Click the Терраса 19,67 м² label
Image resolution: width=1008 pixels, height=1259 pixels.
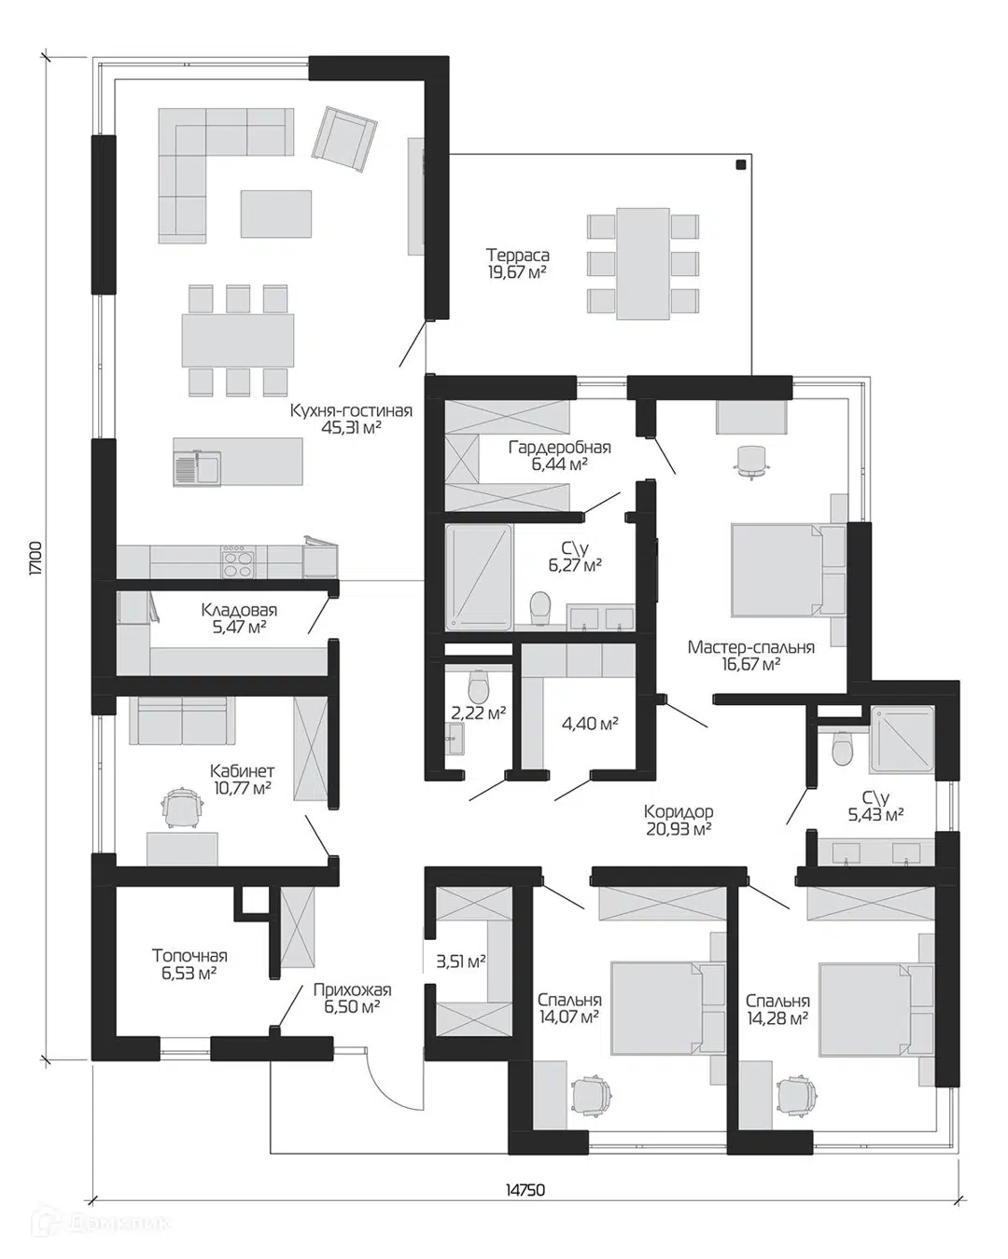(518, 263)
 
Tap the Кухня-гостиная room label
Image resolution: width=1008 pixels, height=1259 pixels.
(352, 410)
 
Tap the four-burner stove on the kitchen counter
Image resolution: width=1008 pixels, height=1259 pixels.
(238, 561)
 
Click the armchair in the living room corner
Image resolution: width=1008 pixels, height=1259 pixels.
(344, 139)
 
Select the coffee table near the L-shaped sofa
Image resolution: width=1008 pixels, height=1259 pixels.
(276, 214)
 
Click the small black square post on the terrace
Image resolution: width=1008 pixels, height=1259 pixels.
(741, 165)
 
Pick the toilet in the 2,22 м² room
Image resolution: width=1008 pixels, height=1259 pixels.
(479, 686)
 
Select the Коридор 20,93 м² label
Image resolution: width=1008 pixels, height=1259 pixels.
(679, 820)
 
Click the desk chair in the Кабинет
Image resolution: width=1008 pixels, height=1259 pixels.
(183, 807)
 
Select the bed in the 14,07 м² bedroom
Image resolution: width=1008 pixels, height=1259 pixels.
(661, 1008)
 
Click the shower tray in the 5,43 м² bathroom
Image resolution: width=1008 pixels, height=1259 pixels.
(902, 739)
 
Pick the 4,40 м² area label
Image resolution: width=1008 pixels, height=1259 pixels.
(590, 725)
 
